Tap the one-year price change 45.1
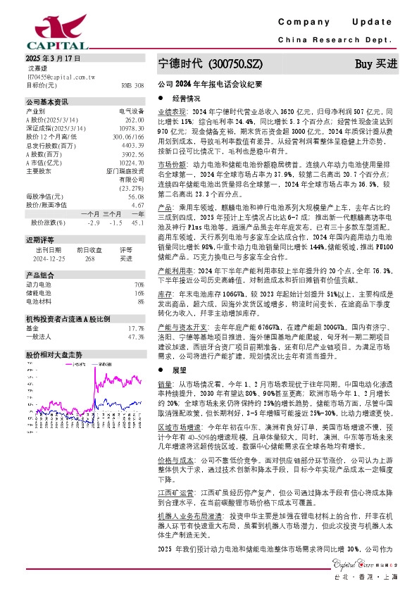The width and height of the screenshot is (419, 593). click(x=138, y=222)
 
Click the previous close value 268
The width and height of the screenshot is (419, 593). click(x=89, y=258)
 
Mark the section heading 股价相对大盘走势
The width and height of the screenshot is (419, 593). click(x=54, y=354)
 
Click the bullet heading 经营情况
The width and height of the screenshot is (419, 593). click(x=187, y=99)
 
